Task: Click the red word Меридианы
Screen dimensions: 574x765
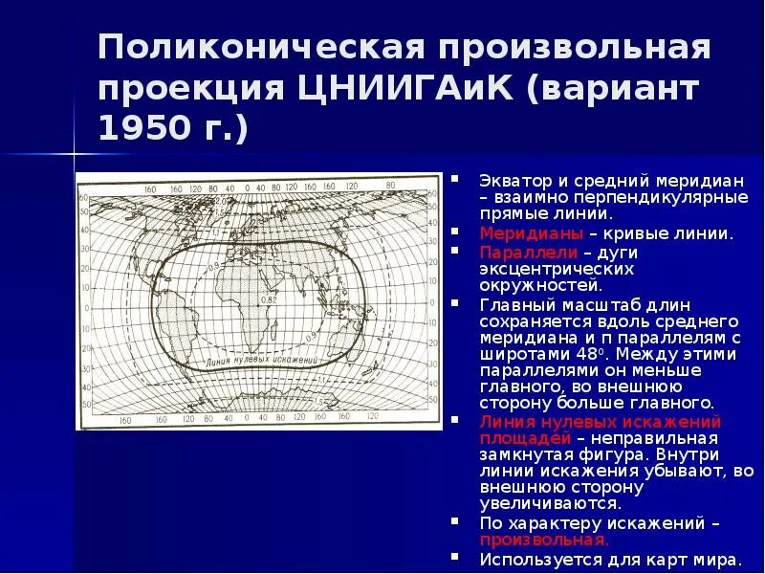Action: click(x=522, y=232)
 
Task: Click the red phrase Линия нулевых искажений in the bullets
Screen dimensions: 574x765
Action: click(x=601, y=421)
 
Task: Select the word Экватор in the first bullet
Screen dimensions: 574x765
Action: click(x=514, y=180)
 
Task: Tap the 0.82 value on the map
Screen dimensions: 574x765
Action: click(x=268, y=300)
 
